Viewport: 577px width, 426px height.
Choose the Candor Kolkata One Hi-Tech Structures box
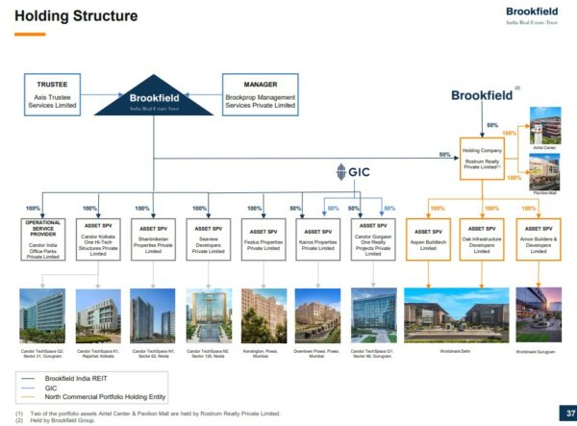coord(93,239)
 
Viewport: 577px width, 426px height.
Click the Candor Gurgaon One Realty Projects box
coord(373,239)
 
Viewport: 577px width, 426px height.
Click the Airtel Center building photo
coord(545,126)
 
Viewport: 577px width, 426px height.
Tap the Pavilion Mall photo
coord(545,172)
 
